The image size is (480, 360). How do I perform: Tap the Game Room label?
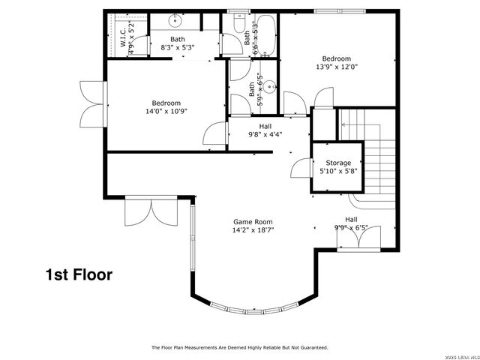click(253, 222)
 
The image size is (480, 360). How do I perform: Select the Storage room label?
click(337, 163)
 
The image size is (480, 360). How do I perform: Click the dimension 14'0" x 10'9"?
click(166, 111)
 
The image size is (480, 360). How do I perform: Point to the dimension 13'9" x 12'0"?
click(336, 66)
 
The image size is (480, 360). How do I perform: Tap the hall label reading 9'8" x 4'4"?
click(265, 131)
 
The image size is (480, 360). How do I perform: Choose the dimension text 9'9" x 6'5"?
click(351, 228)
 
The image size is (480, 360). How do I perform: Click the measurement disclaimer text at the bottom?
click(240, 347)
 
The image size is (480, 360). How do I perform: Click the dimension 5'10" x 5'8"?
click(337, 171)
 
